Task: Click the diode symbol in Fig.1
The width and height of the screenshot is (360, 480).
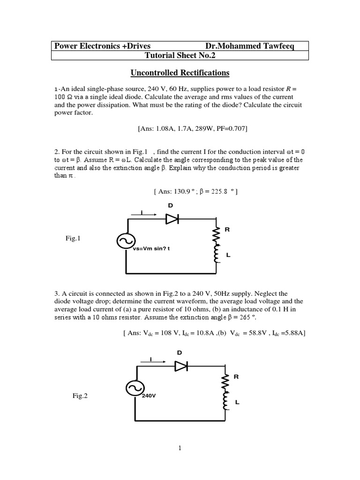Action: point(172,218)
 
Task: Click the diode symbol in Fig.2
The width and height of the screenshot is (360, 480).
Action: point(181,366)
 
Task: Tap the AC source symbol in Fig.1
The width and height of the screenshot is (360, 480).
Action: point(126,241)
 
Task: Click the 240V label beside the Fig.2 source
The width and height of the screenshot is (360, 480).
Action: point(149,396)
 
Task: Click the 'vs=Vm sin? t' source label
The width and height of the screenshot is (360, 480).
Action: point(151,248)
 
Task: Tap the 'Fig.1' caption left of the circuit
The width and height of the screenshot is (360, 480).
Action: point(73,239)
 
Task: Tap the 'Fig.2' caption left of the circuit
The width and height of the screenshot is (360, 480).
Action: point(80,396)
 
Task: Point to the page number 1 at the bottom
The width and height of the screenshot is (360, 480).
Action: point(180,449)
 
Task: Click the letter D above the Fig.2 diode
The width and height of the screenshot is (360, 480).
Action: point(179,352)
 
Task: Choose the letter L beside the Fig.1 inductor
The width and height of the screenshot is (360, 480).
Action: point(228,255)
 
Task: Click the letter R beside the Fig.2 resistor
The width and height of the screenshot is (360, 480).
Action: point(236,376)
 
